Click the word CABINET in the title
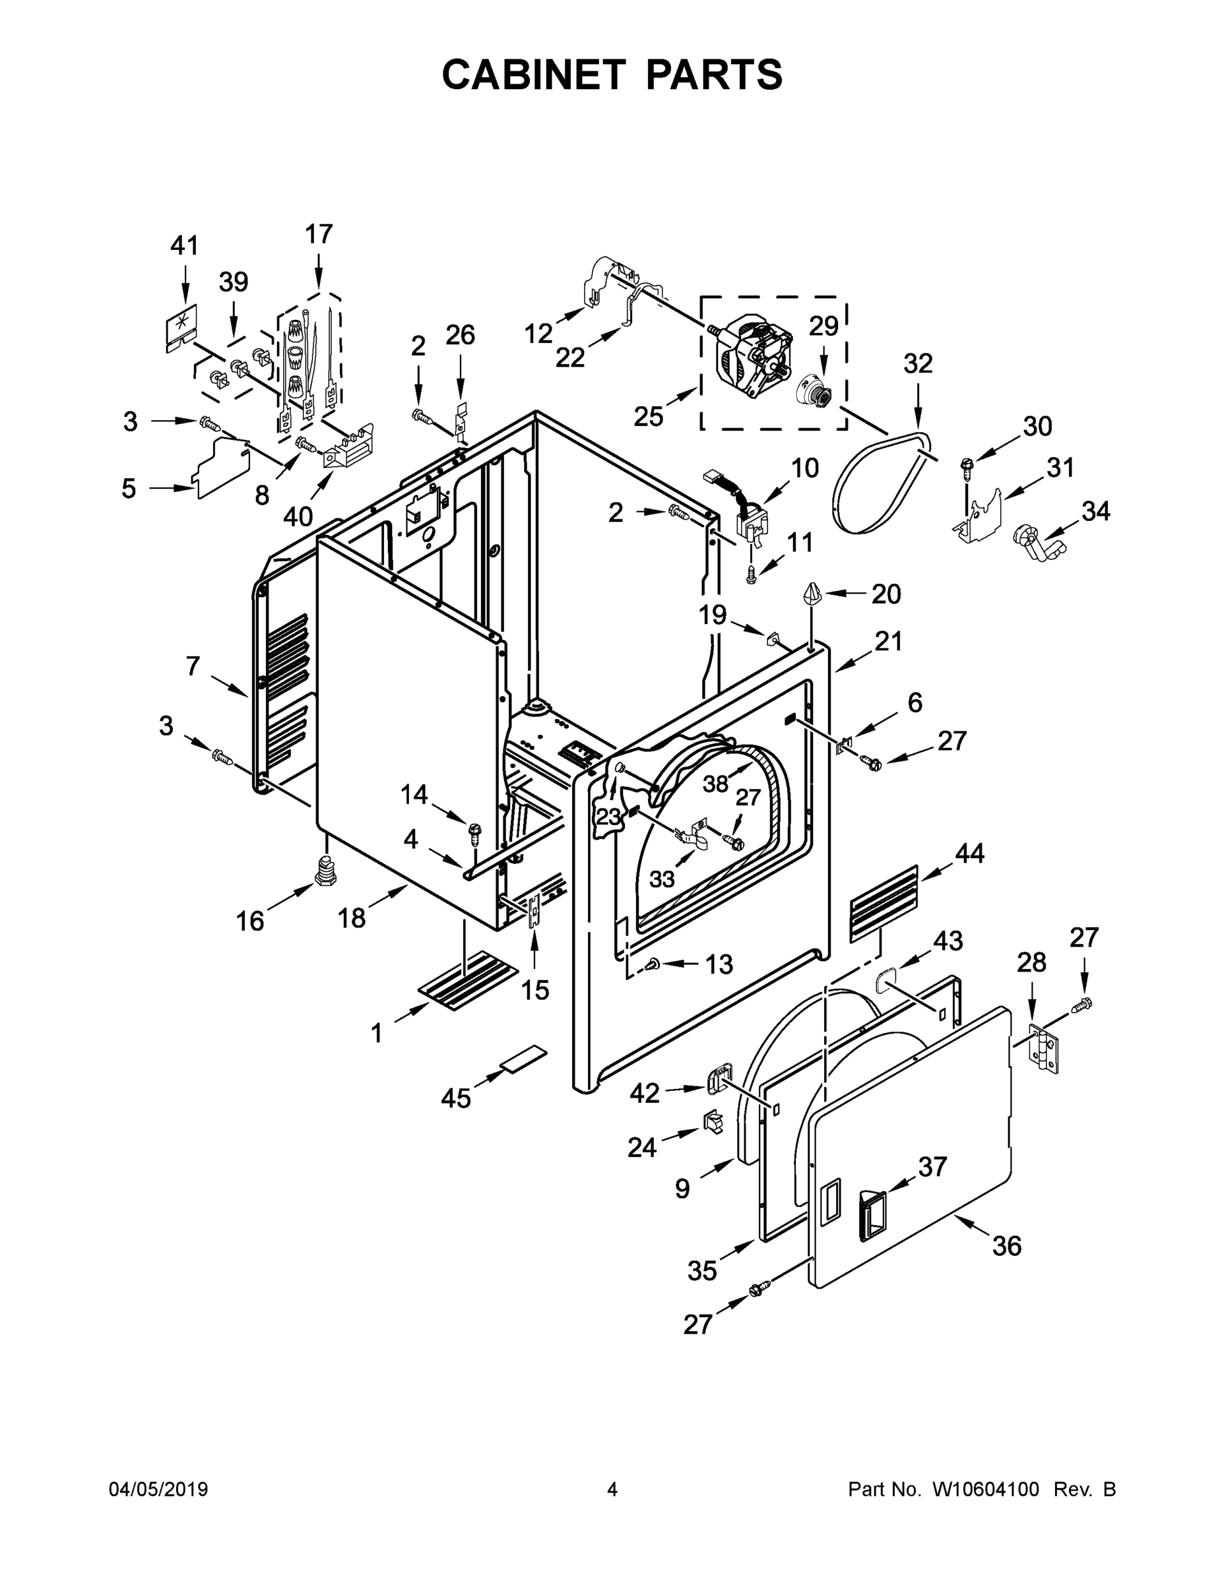533,74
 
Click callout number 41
184,246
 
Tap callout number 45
456,1098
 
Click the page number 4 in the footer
612,1489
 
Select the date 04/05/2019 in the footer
158,1489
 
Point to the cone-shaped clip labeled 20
811,596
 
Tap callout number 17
318,234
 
